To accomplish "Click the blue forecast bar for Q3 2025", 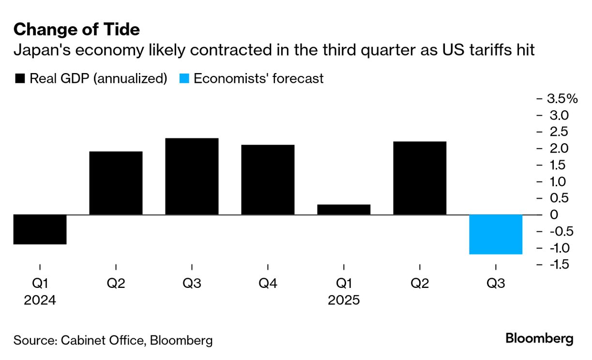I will click(496, 234).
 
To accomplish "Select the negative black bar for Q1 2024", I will click(40, 229).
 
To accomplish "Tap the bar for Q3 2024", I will click(192, 176).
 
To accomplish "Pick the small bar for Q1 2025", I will click(344, 210).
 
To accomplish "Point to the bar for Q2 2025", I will click(420, 178).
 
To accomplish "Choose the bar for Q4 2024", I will click(268, 180).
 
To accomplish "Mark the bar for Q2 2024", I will click(116, 183).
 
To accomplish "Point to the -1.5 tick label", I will click(558, 265).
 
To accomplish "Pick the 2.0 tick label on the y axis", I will click(558, 148).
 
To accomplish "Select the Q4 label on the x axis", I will click(268, 284).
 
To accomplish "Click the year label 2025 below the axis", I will click(344, 300).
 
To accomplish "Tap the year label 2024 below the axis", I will click(40, 300).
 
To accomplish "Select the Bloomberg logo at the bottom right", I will click(539, 339).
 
